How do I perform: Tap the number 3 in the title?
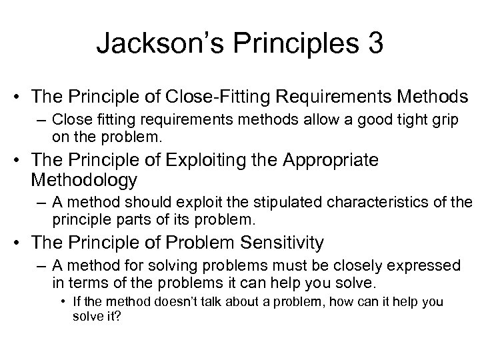[x=373, y=44]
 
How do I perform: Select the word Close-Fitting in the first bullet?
[x=227, y=98]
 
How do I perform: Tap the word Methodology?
[x=84, y=179]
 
